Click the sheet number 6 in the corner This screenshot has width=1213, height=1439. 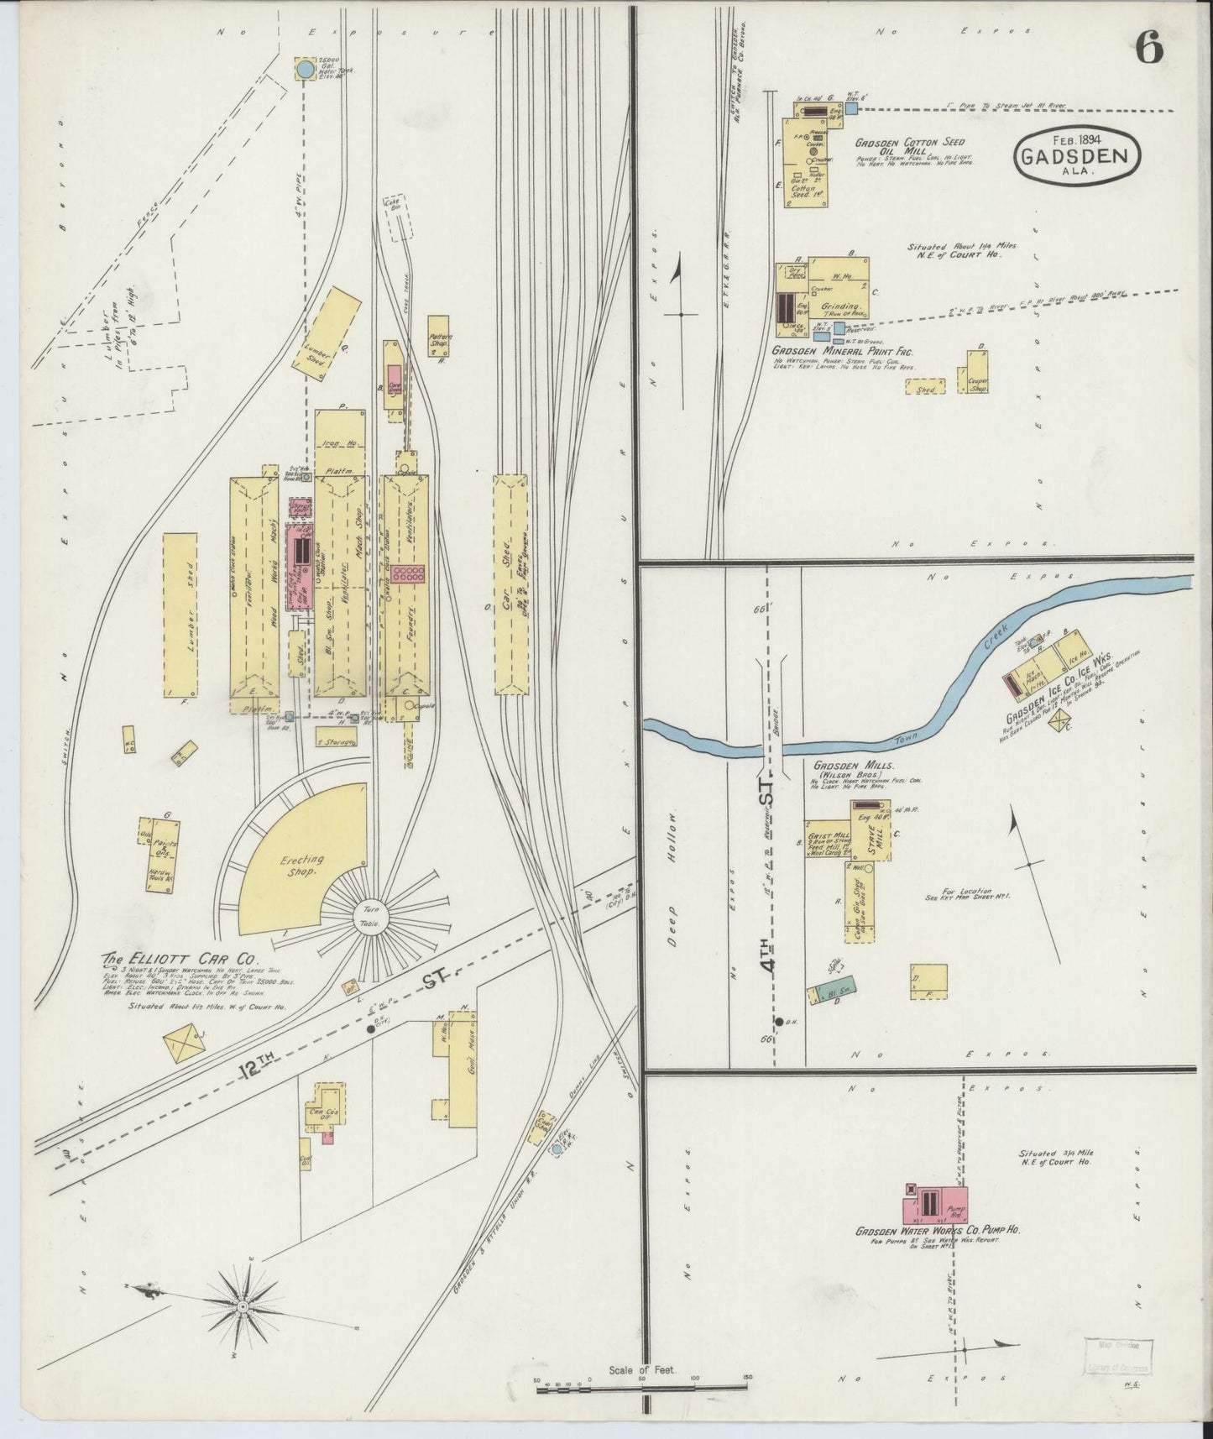click(x=1149, y=50)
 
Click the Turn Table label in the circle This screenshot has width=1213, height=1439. click(x=371, y=917)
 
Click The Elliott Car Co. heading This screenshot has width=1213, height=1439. click(x=180, y=958)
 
